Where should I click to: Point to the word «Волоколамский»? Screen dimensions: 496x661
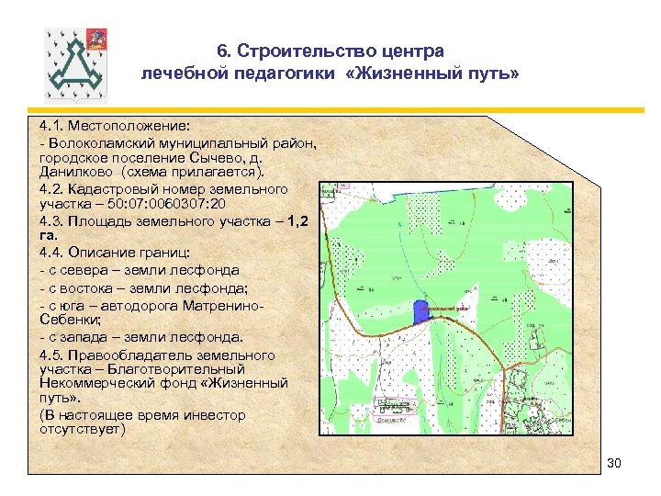(99, 143)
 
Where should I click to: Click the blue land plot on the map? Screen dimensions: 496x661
(421, 312)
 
